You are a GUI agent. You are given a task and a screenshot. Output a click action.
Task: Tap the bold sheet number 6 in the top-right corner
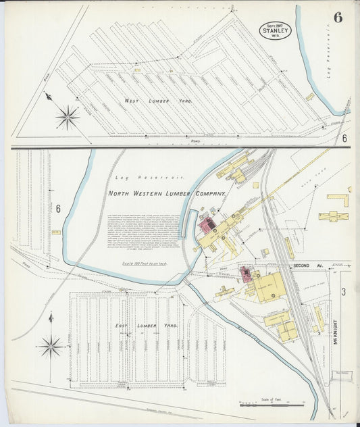(337, 18)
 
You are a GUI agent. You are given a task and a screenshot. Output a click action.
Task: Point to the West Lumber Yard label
(158, 101)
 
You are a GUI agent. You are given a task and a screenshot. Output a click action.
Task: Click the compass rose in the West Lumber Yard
(68, 118)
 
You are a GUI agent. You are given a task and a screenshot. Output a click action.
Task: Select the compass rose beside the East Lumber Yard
(51, 346)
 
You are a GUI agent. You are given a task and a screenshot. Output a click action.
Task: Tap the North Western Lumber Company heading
(166, 194)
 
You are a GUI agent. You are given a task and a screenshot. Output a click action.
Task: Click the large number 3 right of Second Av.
(343, 292)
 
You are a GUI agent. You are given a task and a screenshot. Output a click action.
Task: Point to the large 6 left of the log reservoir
(58, 209)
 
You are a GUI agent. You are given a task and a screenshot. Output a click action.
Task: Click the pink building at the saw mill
(206, 224)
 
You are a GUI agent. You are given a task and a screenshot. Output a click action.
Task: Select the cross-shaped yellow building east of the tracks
(333, 216)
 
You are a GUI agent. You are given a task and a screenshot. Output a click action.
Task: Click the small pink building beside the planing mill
(245, 273)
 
